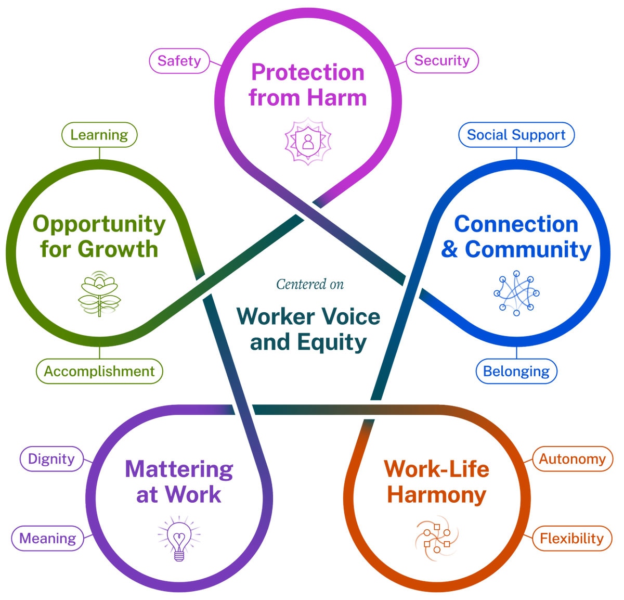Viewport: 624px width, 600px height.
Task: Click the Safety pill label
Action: pyautogui.click(x=179, y=61)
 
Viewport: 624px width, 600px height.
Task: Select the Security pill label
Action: pyautogui.click(x=441, y=60)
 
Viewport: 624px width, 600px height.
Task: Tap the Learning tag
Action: pyautogui.click(x=99, y=135)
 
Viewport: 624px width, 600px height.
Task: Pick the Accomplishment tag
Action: pyautogui.click(x=99, y=371)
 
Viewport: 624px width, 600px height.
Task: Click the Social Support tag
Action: pyautogui.click(x=516, y=135)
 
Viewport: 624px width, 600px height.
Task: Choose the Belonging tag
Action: pyautogui.click(x=516, y=371)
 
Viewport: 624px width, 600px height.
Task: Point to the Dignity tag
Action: pyautogui.click(x=51, y=458)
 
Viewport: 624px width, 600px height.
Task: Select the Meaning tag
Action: pyautogui.click(x=47, y=538)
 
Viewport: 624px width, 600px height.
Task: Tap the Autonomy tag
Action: pyautogui.click(x=572, y=459)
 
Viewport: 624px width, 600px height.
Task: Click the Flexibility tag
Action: pyautogui.click(x=571, y=538)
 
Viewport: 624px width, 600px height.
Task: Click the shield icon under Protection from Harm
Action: pyautogui.click(x=308, y=141)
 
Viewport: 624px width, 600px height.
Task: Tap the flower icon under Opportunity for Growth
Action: pyautogui.click(x=99, y=293)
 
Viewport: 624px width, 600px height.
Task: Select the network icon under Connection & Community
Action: pyautogui.click(x=516, y=293)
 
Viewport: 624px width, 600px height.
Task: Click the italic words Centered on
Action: pyautogui.click(x=310, y=284)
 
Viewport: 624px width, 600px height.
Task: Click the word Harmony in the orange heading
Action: pyautogui.click(x=437, y=494)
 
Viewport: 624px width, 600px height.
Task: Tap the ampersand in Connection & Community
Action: pyautogui.click(x=450, y=249)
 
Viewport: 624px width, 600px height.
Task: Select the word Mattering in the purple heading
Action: pyautogui.click(x=179, y=469)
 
